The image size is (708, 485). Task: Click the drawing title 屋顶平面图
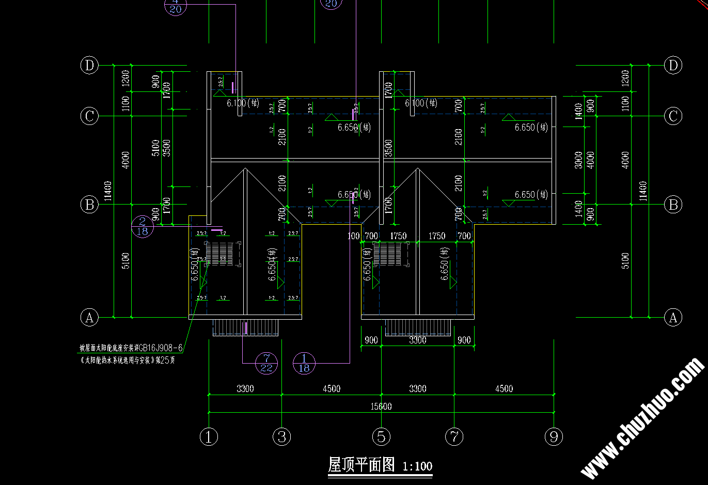[x=361, y=465]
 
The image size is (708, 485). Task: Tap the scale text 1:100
[x=417, y=466]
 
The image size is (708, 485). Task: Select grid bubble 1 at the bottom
[x=209, y=437]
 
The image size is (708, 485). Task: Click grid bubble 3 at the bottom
[x=282, y=437]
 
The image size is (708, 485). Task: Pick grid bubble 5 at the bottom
[x=381, y=437]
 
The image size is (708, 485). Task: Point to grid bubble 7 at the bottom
[x=454, y=437]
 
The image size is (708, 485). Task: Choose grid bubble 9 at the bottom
[x=554, y=437]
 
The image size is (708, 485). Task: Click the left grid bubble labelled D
[x=89, y=66]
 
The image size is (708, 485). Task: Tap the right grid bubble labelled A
[x=673, y=317]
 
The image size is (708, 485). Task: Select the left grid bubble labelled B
[x=89, y=205]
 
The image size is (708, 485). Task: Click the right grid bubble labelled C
[x=673, y=116]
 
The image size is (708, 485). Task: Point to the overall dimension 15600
[x=381, y=406]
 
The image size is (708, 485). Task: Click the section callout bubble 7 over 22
[x=266, y=363]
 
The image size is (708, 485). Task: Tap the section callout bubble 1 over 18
[x=304, y=363]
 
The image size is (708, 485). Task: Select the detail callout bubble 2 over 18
[x=143, y=226]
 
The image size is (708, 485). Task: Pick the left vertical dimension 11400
[x=107, y=191]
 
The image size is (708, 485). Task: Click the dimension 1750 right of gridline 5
[x=398, y=236]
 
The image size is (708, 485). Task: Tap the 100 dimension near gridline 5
[x=354, y=236]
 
